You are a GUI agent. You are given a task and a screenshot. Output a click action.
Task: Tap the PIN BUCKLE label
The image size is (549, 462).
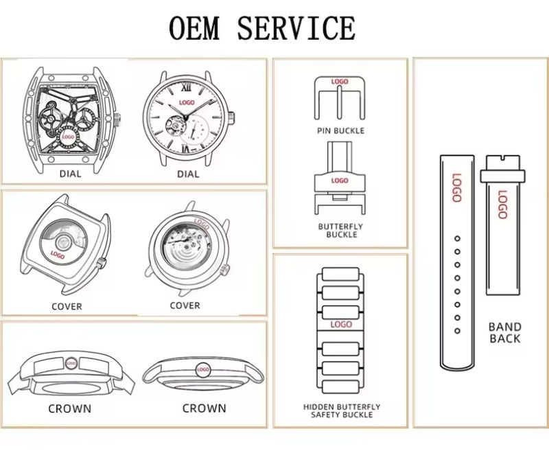(x=340, y=130)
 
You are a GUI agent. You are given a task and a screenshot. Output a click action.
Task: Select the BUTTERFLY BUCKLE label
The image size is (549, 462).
(x=340, y=230)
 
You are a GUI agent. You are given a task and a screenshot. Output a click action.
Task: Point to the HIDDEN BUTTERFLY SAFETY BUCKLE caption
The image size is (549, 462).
(x=341, y=411)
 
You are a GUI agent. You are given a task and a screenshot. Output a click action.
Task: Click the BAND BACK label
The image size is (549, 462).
(x=504, y=332)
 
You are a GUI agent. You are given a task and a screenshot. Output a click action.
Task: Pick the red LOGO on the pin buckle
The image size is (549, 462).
(x=340, y=82)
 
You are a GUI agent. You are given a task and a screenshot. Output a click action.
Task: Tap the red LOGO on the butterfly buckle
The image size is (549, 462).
(x=340, y=181)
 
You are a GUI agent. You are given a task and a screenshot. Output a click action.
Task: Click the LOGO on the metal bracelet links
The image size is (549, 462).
(x=341, y=324)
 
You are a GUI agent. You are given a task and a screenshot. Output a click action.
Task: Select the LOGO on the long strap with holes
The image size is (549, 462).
(x=456, y=187)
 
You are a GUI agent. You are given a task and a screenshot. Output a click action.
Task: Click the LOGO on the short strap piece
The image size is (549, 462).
(x=502, y=204)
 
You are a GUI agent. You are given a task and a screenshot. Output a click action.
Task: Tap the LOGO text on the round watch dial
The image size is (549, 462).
(x=186, y=103)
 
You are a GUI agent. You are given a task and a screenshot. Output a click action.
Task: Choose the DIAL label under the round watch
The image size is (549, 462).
(x=188, y=174)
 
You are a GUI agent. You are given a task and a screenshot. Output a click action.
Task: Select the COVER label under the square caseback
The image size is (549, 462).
(x=67, y=306)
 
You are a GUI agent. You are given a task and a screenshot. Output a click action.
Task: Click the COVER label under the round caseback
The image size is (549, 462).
(x=185, y=305)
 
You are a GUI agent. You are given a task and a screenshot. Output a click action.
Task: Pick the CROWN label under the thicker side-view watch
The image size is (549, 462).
(x=69, y=408)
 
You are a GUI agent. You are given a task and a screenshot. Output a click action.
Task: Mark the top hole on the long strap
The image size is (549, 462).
(x=456, y=238)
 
